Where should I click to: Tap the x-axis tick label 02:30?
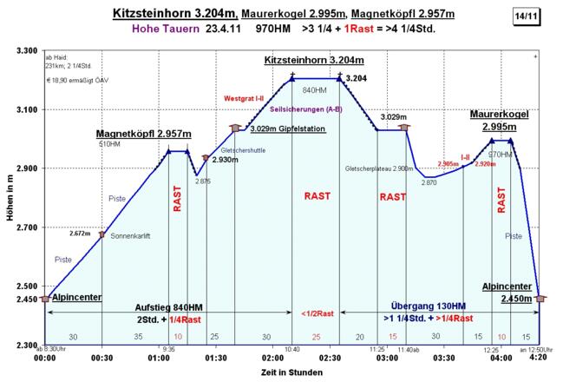click(329, 357)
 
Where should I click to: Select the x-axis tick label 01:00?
click(159, 357)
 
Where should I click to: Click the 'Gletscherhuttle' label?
click(244, 150)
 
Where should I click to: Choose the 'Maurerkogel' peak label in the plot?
click(500, 114)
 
